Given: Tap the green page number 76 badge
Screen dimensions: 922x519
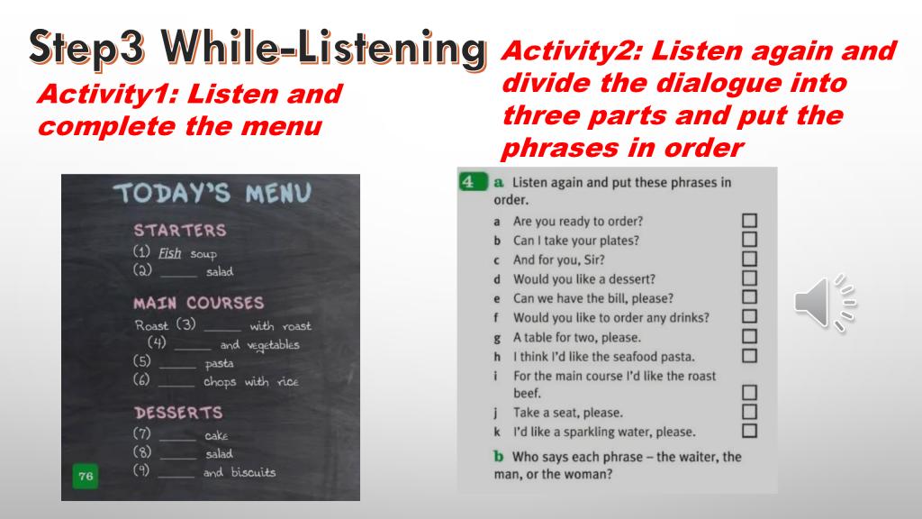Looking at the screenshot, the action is pyautogui.click(x=86, y=476).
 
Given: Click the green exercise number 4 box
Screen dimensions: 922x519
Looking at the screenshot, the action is pyautogui.click(x=472, y=181).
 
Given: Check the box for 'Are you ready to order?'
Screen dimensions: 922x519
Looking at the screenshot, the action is pyautogui.click(x=749, y=221).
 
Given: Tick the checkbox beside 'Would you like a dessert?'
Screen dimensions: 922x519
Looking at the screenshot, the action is pyautogui.click(x=749, y=278).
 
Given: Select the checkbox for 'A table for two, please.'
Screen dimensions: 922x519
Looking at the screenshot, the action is pyautogui.click(x=749, y=336).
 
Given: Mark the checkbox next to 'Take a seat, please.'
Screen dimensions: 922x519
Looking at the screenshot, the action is pyautogui.click(x=749, y=411).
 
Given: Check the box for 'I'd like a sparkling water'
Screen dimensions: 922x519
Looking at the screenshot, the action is pyautogui.click(x=749, y=431).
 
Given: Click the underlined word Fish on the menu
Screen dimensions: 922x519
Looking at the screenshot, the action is pyautogui.click(x=169, y=253).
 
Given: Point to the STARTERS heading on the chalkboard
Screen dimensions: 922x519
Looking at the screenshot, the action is pyautogui.click(x=180, y=230).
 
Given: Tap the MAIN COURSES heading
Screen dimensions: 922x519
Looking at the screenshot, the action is pyautogui.click(x=199, y=303).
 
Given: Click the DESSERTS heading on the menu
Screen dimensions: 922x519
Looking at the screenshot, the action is pyautogui.click(x=178, y=413).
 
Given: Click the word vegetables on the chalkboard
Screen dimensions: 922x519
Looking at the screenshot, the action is pyautogui.click(x=273, y=345).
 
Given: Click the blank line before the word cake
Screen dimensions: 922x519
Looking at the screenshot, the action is pyautogui.click(x=177, y=440).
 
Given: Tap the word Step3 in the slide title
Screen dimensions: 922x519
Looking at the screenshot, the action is pyautogui.click(x=87, y=47).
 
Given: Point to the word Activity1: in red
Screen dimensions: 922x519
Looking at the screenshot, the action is pyautogui.click(x=108, y=94).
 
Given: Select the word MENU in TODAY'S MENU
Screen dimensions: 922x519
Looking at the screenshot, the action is pyautogui.click(x=278, y=193).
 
